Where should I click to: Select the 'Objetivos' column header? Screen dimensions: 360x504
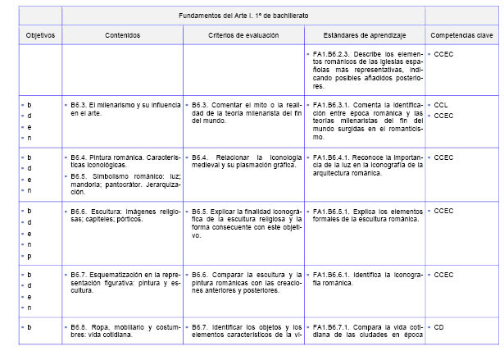pos(39,35)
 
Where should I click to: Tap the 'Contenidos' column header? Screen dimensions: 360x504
pos(122,35)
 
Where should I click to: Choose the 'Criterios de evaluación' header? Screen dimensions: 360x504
pos(243,35)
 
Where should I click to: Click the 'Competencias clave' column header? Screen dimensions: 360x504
pos(461,35)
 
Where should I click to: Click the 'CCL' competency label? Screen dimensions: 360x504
pos(441,106)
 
